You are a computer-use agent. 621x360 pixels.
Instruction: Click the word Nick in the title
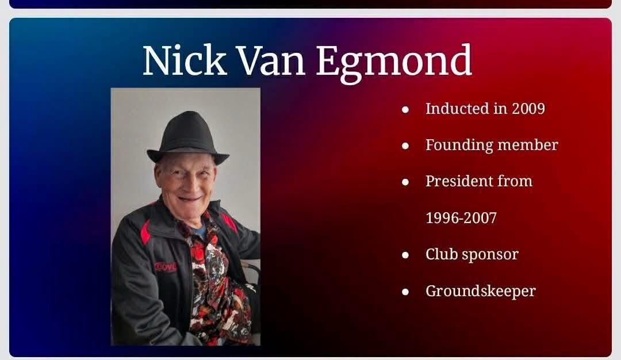tap(185, 60)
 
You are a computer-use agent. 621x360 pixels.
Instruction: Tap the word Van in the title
tap(271, 60)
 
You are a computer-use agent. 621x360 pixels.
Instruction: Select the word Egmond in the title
tap(394, 63)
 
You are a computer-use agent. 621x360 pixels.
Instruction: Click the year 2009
tap(528, 109)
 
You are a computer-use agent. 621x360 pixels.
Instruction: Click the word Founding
tap(459, 145)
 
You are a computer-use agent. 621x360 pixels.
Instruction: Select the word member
tap(527, 145)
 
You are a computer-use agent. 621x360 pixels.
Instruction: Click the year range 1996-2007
tap(461, 218)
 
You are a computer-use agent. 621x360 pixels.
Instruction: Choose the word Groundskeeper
tap(480, 291)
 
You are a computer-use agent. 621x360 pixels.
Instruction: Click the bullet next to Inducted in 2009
tap(405, 109)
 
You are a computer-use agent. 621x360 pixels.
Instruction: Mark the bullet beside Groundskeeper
tap(405, 292)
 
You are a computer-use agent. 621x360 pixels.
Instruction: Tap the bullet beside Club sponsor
tap(405, 255)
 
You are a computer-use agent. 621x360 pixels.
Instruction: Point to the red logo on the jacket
tap(166, 267)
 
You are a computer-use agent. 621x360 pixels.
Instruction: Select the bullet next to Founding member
tap(405, 145)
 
